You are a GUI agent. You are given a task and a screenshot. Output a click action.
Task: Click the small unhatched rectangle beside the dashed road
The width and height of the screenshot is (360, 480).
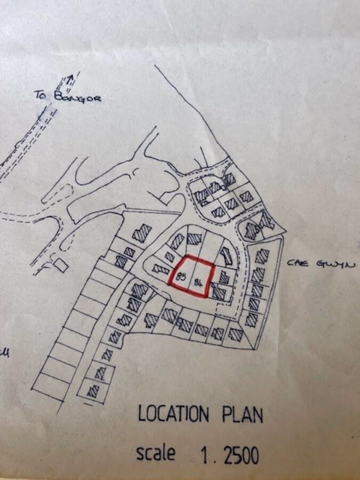coord(60,266)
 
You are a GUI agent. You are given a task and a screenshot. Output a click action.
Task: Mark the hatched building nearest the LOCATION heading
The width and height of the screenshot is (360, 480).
coord(93,391)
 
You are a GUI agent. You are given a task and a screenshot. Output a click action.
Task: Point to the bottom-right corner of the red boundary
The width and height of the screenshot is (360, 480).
coord(208,295)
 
